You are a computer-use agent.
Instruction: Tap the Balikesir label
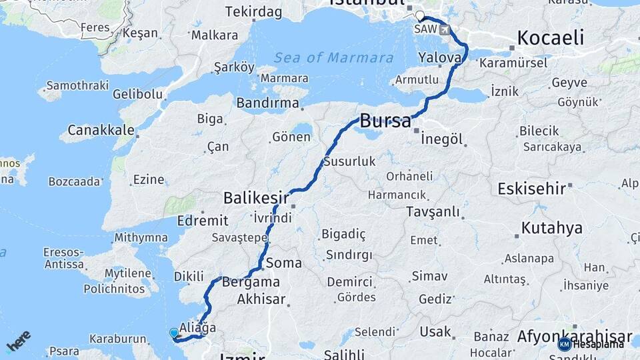[x=256, y=198]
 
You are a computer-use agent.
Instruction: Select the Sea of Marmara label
[x=333, y=58]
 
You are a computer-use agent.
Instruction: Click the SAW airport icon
[x=445, y=30]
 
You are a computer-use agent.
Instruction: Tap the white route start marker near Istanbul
[x=419, y=16]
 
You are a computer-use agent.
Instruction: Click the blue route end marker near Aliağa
[x=174, y=333]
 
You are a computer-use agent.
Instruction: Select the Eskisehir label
[x=531, y=189]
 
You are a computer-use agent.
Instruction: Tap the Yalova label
[x=441, y=58]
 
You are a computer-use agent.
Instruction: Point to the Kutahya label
[x=551, y=228]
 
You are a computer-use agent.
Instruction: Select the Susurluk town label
[x=349, y=162]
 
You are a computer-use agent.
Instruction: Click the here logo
[x=19, y=341]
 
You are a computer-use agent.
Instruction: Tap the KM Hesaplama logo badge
[x=591, y=344]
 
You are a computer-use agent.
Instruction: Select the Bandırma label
[x=267, y=103]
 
